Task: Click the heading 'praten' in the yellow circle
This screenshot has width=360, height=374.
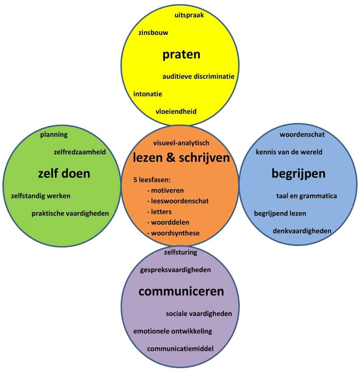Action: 181,55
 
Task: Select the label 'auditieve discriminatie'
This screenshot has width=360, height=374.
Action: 198,76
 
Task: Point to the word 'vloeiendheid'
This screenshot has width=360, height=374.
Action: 176,112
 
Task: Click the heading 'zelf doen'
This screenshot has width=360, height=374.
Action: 64,173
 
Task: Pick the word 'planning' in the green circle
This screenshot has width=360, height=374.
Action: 54,134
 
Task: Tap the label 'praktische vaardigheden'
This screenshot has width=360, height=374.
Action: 70,213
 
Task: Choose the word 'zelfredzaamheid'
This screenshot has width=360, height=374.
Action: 80,152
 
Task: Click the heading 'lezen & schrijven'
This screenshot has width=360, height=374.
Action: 181,158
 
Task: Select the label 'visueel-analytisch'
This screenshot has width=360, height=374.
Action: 181,143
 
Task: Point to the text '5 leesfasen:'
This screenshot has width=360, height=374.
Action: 152,180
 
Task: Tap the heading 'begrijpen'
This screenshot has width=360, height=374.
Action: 298,173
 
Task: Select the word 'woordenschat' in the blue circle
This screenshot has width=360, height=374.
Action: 302,134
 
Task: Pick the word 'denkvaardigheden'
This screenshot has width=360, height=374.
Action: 302,231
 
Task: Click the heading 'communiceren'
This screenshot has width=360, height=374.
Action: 181,291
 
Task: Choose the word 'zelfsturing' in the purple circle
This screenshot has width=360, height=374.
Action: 181,252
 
